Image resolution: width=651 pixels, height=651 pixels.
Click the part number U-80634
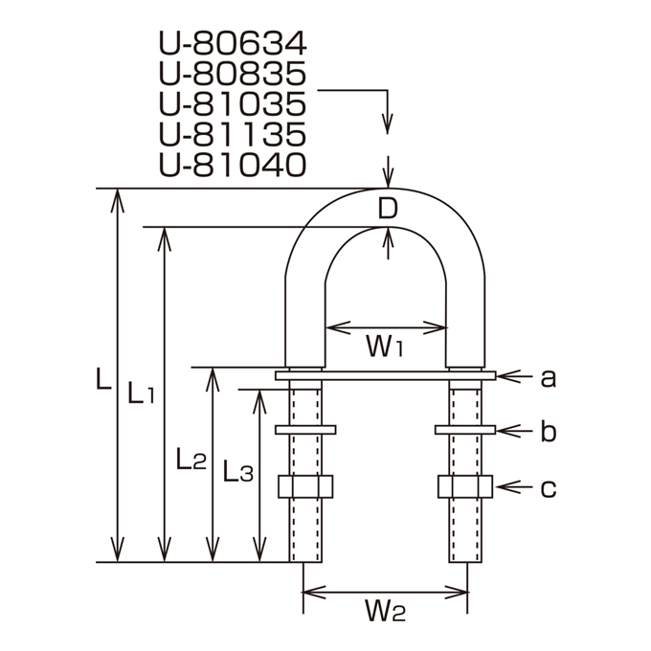tap(233, 44)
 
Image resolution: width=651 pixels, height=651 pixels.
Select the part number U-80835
tap(233, 74)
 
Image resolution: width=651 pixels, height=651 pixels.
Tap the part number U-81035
tap(233, 104)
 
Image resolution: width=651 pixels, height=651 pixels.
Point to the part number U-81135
tap(233, 135)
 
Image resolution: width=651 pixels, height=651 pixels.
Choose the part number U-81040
tap(233, 165)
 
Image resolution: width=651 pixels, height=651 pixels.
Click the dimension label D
tap(388, 209)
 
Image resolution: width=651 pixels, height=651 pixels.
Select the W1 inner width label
tap(385, 347)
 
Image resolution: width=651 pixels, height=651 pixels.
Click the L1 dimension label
tap(141, 393)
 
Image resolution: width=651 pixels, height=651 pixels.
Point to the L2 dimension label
tap(191, 459)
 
